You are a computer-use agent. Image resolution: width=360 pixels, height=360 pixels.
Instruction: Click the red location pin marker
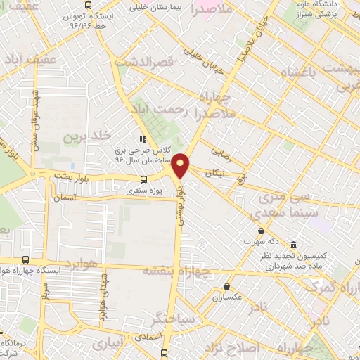tap(181, 165)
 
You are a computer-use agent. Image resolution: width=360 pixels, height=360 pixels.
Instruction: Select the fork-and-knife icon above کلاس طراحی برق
tap(142, 139)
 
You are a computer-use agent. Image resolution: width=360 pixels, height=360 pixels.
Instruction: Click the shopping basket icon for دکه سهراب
tap(262, 231)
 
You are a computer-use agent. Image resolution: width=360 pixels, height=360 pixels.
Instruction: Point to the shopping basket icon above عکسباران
tap(227, 286)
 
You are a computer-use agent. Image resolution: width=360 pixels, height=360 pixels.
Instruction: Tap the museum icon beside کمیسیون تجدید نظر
tap(292, 245)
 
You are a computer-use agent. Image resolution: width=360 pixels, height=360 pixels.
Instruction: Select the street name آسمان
tap(64, 199)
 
